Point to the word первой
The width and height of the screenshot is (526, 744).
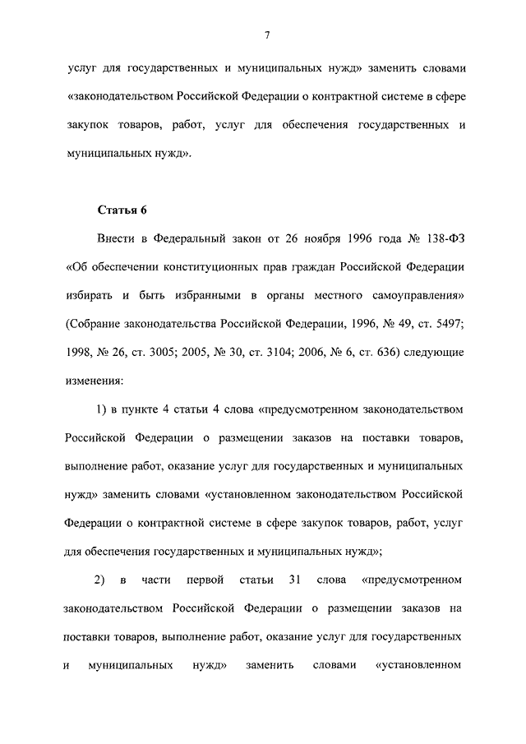pos(206,581)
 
